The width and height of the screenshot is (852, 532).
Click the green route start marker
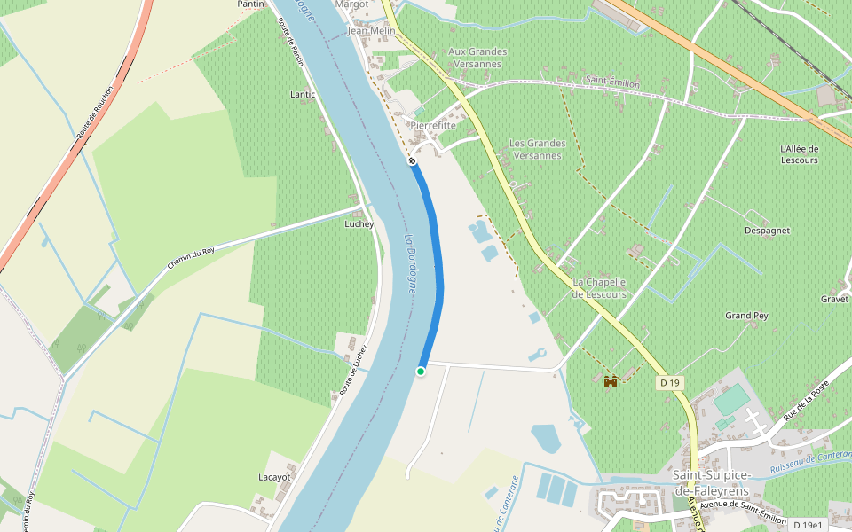click(x=421, y=372)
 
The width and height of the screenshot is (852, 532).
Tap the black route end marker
click(x=412, y=160)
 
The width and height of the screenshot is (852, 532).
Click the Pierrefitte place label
click(x=433, y=126)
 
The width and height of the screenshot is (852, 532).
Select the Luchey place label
click(x=359, y=224)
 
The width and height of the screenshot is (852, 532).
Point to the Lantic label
click(x=303, y=94)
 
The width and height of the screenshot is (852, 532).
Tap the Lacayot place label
click(x=274, y=477)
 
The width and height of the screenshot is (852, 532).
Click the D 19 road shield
click(x=670, y=383)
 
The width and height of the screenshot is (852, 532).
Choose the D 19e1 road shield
click(x=808, y=525)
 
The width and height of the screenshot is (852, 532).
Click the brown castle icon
click(x=611, y=382)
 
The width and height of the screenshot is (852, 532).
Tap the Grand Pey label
click(x=746, y=316)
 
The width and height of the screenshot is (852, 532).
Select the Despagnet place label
click(x=768, y=231)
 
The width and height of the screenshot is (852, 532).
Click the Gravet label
click(x=834, y=299)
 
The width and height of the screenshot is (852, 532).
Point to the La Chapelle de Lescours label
click(x=599, y=288)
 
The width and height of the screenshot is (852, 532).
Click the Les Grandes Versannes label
click(x=537, y=149)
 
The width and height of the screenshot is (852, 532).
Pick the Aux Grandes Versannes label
click(x=477, y=58)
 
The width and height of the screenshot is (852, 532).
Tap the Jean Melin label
click(x=371, y=30)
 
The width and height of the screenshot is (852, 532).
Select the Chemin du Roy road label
click(x=191, y=258)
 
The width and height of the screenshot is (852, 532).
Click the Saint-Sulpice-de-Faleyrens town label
click(x=711, y=483)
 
